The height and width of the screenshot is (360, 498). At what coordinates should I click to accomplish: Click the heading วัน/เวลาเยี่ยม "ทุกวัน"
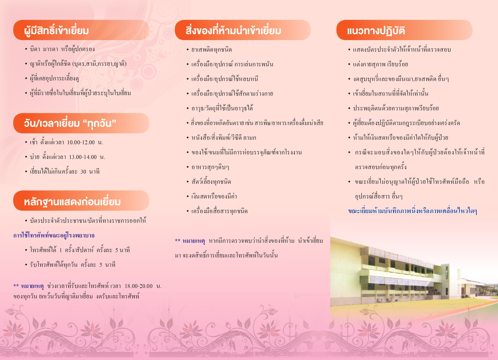tap(70, 123)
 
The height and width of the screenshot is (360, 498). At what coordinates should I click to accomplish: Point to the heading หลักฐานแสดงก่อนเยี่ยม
tap(72, 202)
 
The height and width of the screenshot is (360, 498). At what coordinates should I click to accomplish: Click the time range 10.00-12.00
tap(81, 143)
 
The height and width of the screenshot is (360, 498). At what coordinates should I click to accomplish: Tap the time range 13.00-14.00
tap(83, 157)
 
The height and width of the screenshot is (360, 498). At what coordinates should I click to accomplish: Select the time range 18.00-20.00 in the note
tap(138, 286)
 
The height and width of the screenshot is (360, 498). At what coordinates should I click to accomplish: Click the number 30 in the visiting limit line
tap(83, 172)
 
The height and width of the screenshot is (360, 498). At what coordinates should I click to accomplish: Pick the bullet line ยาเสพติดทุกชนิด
tap(212, 50)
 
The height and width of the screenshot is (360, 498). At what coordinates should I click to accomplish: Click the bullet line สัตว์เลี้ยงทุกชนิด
tap(211, 182)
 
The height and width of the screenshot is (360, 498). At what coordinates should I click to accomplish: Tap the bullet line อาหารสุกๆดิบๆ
tap(210, 167)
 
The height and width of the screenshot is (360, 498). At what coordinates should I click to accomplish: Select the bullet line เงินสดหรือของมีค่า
tap(214, 197)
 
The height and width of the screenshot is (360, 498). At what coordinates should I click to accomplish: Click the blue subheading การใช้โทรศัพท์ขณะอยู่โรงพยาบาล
tap(54, 235)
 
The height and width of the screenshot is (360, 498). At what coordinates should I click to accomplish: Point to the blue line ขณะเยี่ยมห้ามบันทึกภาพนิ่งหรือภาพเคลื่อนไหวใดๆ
tap(412, 211)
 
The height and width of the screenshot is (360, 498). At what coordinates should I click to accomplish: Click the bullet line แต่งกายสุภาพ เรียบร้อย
tap(380, 64)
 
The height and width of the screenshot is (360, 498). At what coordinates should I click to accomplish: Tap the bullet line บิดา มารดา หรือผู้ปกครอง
tap(62, 49)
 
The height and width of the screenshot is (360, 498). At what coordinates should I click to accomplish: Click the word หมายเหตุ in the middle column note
tap(194, 241)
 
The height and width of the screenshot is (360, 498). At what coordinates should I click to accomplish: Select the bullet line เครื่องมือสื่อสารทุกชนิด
tap(219, 211)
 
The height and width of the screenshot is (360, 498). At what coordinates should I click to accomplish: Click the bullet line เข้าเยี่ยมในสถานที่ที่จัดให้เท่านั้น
tap(391, 93)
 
